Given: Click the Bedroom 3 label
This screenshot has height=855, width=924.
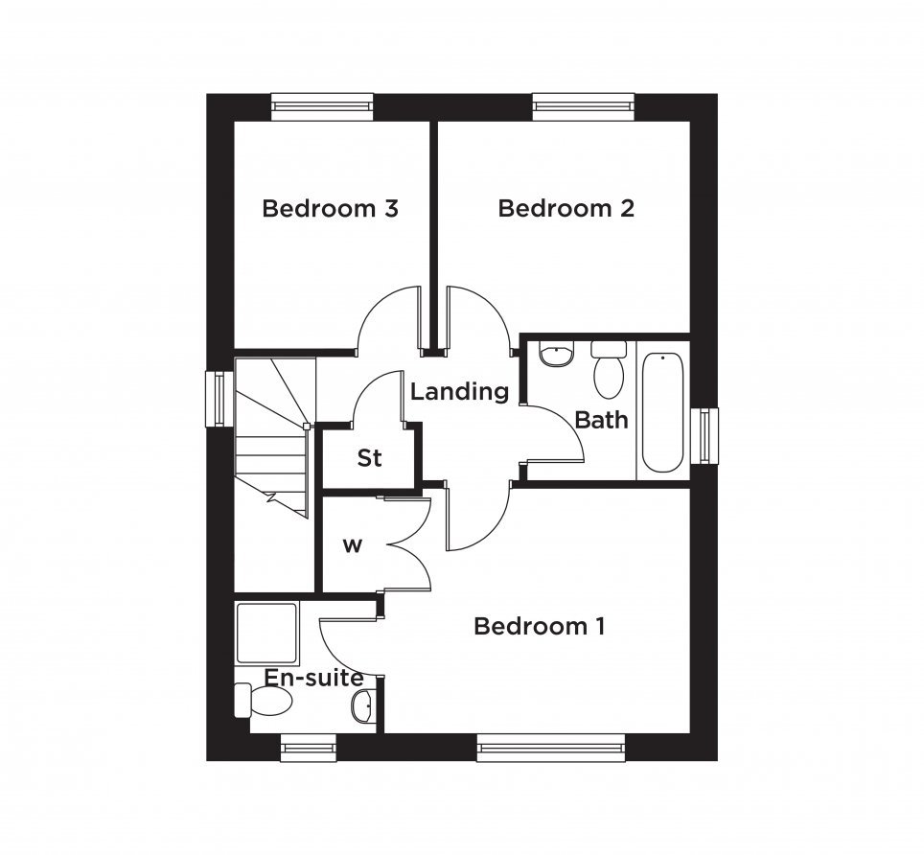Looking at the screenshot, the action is click(330, 209).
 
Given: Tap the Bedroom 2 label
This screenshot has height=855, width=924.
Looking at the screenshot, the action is click(566, 209).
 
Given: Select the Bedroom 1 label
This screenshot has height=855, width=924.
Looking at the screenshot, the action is click(540, 626).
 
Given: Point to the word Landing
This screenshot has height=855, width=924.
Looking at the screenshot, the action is click(460, 392).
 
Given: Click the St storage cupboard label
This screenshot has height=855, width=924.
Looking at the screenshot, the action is click(369, 458).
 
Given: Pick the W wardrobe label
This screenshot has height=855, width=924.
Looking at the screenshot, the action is click(353, 546).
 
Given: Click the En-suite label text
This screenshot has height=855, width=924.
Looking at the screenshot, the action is click(313, 679).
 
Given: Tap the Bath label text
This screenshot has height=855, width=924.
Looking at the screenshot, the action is click(601, 420).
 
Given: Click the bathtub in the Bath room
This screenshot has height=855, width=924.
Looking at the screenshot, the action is click(662, 412).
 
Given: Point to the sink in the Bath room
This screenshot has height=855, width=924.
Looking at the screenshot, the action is click(556, 353).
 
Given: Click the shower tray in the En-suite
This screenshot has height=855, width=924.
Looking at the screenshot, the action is click(266, 633).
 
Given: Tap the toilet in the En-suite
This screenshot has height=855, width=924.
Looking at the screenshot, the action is click(264, 701).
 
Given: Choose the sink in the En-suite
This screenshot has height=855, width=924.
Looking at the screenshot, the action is click(363, 705).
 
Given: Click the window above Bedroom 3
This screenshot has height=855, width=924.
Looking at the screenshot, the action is click(322, 106).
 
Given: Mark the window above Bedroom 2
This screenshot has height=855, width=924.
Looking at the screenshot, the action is click(584, 106).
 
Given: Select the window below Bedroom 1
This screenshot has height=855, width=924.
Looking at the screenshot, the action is click(550, 748).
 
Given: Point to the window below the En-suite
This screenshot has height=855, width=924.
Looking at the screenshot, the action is click(309, 748).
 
